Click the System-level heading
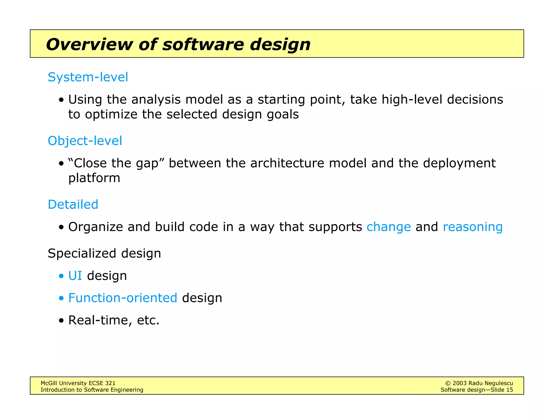pos(88,77)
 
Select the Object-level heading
pos(85,141)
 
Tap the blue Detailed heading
pos(73,204)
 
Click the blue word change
pos(388,227)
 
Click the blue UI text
pos(75,276)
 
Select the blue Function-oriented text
pos(122,298)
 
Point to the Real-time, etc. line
pos(114,320)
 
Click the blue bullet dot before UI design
pos(62,276)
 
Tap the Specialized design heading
pos(104,253)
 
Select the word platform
pos(94,178)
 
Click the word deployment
pos(459,163)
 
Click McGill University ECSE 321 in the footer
pos(78,383)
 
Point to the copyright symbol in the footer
pos(448,383)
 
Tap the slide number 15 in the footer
pos(509,390)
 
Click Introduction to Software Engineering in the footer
pos(92,390)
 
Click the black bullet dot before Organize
pos(62,227)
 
